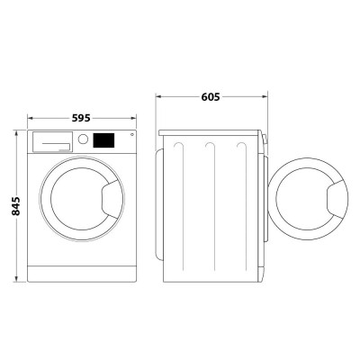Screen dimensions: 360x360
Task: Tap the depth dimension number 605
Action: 211,95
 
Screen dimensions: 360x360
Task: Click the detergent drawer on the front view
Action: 53,140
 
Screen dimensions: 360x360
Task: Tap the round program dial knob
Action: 84,140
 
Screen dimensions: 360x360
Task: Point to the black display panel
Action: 106,140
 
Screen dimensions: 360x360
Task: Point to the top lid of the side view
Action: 211,131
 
